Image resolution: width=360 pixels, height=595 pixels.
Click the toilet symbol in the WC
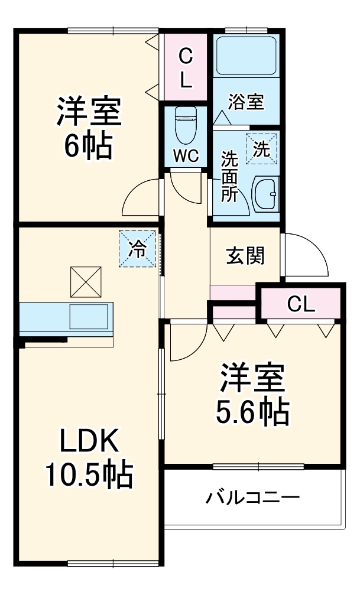tap(186, 125)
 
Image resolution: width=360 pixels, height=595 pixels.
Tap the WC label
tap(186, 157)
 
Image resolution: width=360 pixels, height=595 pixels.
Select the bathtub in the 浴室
tap(246, 57)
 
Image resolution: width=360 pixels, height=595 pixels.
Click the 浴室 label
tap(246, 102)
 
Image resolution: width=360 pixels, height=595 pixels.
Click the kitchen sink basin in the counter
tap(89, 317)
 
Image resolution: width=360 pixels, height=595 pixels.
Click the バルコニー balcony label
tap(252, 498)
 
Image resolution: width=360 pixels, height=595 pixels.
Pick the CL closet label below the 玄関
tap(301, 304)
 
